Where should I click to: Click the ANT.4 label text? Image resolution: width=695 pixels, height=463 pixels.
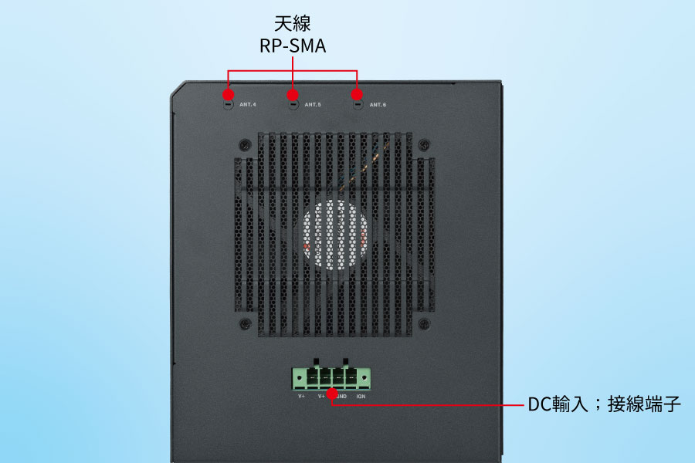pos(248,104)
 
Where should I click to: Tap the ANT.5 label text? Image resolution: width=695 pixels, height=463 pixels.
pos(313,104)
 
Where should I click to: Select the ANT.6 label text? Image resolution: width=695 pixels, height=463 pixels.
pos(378,104)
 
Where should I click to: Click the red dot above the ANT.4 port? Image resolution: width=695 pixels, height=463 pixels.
pos(228,95)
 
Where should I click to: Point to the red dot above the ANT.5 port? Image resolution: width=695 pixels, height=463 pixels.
pos(293,95)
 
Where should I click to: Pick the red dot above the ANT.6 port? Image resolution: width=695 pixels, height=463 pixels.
pos(357,95)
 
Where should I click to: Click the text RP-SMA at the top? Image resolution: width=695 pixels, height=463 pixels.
pos(293,46)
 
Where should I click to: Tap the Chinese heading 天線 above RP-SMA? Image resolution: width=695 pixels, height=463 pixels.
pos(293,22)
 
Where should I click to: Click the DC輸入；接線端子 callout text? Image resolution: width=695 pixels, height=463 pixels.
pos(605,404)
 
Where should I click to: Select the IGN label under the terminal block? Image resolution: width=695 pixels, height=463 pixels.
pos(361,397)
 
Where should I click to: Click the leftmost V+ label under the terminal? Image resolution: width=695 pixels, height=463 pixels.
pos(302,397)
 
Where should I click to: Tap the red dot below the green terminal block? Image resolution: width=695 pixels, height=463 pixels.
pos(332,394)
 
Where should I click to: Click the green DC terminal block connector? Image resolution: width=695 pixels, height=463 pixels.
pos(331,377)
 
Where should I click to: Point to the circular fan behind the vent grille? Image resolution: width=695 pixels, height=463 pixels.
pos(335,236)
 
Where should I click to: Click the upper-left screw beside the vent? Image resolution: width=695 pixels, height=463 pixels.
pos(244,144)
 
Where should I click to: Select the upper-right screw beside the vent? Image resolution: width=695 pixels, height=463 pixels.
pos(423,144)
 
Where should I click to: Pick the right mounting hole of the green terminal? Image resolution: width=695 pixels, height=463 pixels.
pos(364,378)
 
